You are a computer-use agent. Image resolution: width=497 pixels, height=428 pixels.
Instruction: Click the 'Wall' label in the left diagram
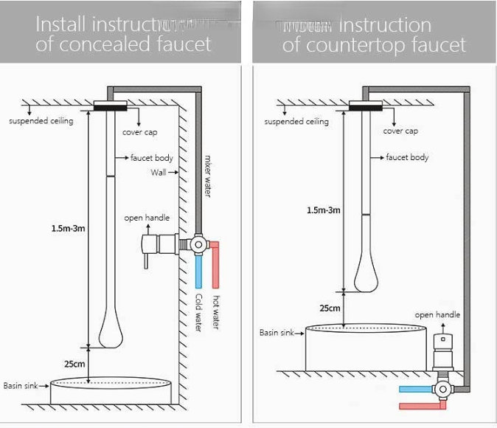pyautogui.click(x=159, y=173)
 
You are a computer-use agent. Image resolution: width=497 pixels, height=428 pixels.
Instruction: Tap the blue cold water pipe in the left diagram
pyautogui.click(x=198, y=272)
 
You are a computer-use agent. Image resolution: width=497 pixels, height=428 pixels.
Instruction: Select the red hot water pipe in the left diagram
pyautogui.click(x=216, y=267)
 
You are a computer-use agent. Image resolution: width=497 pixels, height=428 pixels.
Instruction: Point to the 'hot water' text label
pyautogui.click(x=216, y=312)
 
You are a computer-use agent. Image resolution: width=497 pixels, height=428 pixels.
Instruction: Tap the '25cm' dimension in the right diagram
pyautogui.click(x=330, y=308)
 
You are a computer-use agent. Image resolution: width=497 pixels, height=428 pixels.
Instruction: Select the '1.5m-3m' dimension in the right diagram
pyautogui.click(x=324, y=210)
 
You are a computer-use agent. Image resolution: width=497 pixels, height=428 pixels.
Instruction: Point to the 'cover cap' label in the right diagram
pyautogui.click(x=400, y=131)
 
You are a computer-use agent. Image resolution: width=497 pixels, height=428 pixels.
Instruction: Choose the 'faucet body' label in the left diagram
pyautogui.click(x=152, y=158)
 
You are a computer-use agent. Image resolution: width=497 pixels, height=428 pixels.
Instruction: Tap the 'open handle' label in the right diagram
pyautogui.click(x=437, y=315)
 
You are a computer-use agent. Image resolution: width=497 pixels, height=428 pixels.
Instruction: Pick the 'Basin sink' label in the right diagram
pyautogui.click(x=277, y=333)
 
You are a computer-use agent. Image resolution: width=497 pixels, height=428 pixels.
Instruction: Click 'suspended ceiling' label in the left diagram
pyautogui.click(x=41, y=121)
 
